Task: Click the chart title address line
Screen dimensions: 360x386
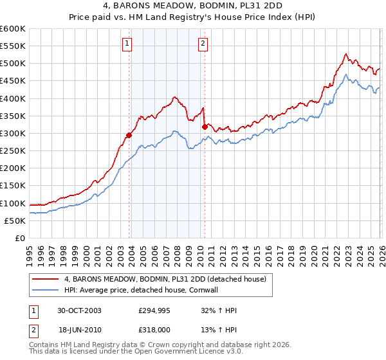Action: (193, 6)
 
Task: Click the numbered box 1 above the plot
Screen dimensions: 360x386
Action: (127, 44)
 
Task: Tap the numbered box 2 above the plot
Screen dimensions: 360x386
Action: (203, 44)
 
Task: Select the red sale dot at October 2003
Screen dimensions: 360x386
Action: (129, 135)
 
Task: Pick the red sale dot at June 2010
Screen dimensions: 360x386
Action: (205, 127)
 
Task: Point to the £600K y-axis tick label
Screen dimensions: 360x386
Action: (13, 29)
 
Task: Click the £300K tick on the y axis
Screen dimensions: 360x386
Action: (13, 134)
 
